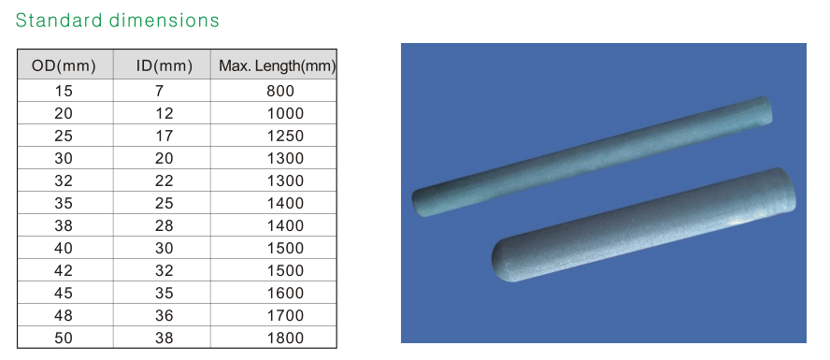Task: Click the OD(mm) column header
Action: [x=64, y=65]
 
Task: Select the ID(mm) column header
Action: [x=164, y=65]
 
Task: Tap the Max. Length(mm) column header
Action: [x=277, y=65]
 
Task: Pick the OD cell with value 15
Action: [x=64, y=91]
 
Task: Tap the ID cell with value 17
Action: [x=164, y=136]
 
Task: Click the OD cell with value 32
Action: [x=64, y=180]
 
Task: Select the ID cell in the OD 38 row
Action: [x=164, y=225]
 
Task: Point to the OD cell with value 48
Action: [x=64, y=315]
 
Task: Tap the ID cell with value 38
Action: [x=164, y=338]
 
